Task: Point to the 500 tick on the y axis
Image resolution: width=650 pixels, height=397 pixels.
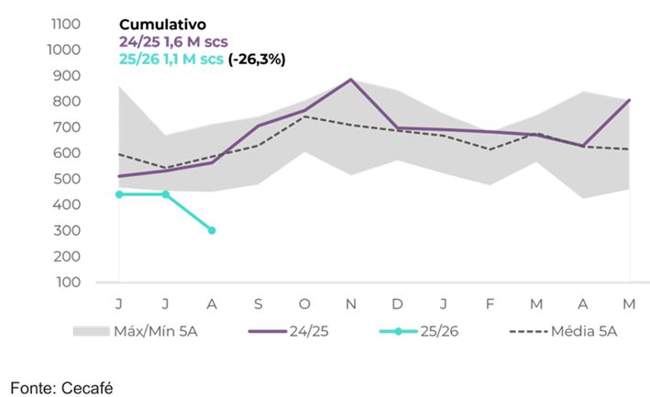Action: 70,179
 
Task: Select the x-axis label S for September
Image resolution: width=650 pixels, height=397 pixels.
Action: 259,303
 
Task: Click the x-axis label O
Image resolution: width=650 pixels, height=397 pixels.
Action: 305,303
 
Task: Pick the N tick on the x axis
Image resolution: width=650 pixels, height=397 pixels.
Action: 351,303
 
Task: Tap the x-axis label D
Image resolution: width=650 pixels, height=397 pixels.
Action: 398,303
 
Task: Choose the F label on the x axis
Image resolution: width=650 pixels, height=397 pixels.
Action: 490,303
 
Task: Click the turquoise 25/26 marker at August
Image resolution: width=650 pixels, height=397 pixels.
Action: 212,230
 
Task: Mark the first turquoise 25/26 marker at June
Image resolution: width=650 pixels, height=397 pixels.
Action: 119,194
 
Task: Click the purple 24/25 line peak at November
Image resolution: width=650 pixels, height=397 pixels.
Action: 351,80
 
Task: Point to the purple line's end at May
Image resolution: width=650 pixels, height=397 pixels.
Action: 629,100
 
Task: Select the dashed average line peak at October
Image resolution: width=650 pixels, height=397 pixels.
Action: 305,116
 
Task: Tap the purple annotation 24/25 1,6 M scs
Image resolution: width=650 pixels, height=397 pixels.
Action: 171,41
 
